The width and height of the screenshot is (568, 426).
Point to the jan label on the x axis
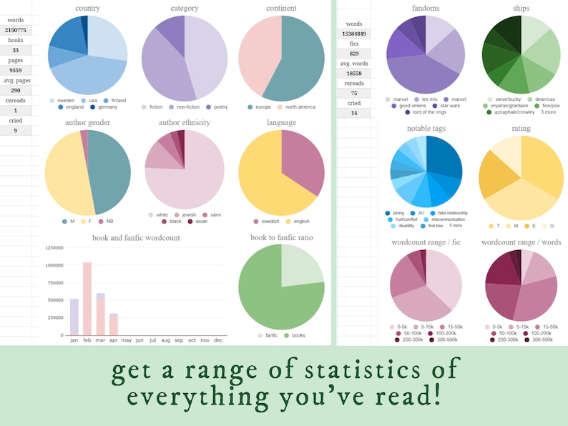(74, 340)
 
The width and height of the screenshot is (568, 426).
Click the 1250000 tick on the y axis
(54, 247)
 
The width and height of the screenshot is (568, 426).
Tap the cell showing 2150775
(16, 30)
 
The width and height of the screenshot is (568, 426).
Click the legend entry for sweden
(65, 101)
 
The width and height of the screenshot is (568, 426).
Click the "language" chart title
(281, 122)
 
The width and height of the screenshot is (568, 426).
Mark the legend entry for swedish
(265, 221)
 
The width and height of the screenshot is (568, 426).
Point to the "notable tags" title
(426, 128)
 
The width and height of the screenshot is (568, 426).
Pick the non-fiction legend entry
(188, 106)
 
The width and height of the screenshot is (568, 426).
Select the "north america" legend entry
(300, 106)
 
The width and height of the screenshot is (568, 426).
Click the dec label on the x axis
(218, 340)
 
